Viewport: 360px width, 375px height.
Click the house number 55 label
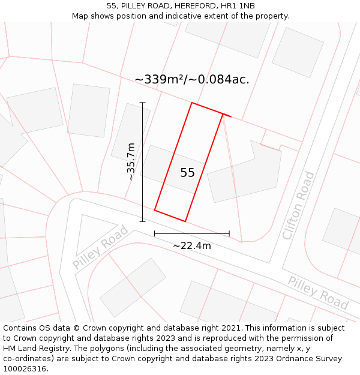coord(187,173)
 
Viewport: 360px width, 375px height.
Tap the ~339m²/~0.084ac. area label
coord(191,79)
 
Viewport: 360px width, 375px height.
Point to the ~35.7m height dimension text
coord(131,161)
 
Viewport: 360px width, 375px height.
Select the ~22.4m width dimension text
coord(192,245)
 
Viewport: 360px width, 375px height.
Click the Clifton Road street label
coord(298,206)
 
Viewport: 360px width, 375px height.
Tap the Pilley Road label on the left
coord(100,247)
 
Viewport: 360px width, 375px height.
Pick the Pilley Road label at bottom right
coord(318,293)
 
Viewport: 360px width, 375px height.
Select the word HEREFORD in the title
coord(192,5)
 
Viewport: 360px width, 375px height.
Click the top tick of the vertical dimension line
coord(143,103)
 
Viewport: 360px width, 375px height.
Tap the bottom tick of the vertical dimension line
coord(143,221)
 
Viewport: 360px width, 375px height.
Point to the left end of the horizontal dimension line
coord(155,233)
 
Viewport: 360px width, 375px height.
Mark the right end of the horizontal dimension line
coord(229,233)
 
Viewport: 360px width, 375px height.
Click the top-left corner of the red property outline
coord(192,103)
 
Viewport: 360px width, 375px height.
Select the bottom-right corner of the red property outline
coord(185,221)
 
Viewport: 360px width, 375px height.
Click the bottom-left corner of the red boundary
coord(155,210)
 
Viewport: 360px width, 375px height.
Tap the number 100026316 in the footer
coord(24,369)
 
